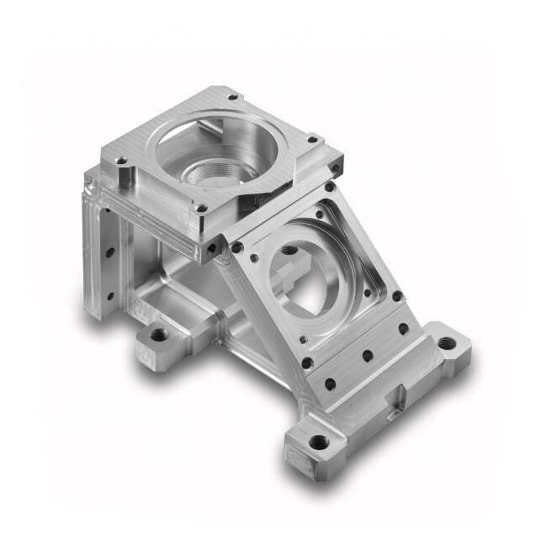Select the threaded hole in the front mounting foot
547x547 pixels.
318,441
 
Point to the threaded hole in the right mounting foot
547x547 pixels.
447,343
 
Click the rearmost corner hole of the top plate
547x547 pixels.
231,96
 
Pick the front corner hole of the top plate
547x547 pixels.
201,208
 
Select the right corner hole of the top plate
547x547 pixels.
312,139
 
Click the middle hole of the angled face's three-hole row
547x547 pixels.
367,356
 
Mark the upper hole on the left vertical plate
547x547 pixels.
109,251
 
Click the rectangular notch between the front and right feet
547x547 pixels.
396,396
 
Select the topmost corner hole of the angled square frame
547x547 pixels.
331,187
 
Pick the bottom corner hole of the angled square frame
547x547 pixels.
307,363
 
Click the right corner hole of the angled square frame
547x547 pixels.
396,296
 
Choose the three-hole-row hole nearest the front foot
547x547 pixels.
330,384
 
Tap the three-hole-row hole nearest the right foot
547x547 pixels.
403,328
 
